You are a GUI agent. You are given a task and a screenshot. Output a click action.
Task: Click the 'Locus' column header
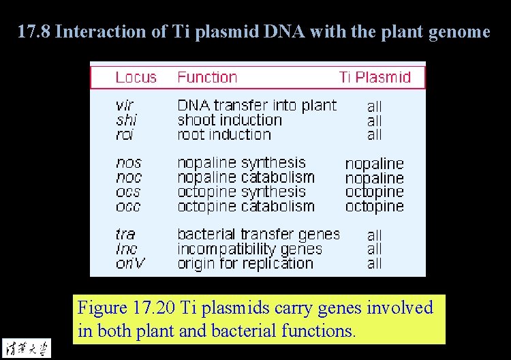point(136,77)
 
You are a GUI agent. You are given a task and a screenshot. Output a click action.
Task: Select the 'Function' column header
point(207,77)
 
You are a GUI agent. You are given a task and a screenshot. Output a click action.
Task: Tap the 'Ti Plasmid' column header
point(375,77)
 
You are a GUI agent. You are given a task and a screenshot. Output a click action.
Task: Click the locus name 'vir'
point(125,106)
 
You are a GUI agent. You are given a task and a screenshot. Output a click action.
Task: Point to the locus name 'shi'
point(126,120)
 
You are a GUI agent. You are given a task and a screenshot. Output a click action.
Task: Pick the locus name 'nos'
point(129,163)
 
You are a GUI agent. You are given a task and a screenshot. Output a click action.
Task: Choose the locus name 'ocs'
point(129,192)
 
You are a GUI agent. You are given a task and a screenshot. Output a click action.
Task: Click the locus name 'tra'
point(125,235)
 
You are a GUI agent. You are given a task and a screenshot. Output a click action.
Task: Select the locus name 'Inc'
point(126,249)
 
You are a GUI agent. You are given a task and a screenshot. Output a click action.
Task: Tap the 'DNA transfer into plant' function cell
point(257,105)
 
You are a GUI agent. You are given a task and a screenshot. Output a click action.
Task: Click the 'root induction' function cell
point(224,134)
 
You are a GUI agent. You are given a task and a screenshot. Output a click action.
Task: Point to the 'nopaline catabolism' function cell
point(246,177)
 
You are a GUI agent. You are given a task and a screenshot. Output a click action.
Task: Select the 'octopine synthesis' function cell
point(241,192)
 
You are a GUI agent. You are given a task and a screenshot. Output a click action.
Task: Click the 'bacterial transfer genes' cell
point(258,234)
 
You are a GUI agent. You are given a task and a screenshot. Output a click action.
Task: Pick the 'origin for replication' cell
point(245,263)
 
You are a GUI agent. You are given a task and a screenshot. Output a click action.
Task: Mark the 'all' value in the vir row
point(374,106)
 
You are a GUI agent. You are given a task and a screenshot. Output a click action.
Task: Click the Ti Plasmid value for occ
point(374,206)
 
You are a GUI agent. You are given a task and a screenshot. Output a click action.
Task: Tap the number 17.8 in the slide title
point(33,31)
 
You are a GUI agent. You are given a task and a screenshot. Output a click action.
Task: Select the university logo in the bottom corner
point(26,348)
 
